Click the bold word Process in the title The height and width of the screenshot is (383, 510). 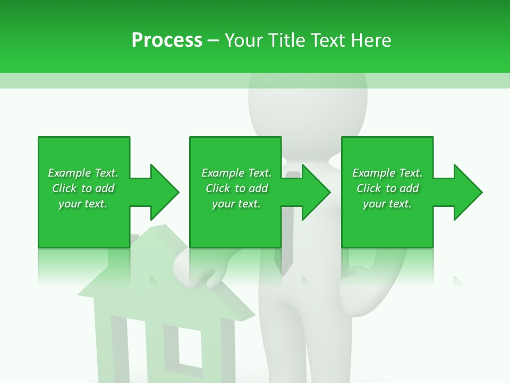pos(167,40)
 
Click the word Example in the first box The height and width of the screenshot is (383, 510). pos(69,173)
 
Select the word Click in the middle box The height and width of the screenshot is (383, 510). pos(217,188)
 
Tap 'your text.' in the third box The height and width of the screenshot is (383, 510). pos(387,204)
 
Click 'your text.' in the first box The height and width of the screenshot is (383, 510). pos(83,204)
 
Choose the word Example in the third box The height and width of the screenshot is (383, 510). pos(373,173)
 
